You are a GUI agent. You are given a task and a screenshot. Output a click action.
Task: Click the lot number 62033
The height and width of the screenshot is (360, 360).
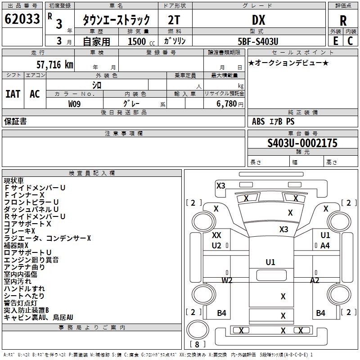click(22, 19)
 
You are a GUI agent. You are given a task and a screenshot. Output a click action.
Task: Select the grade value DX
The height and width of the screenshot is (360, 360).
click(258, 20)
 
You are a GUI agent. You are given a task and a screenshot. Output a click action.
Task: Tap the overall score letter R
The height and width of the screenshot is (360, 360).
click(343, 21)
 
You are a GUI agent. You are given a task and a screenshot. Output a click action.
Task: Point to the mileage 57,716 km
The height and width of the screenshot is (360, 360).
click(55, 65)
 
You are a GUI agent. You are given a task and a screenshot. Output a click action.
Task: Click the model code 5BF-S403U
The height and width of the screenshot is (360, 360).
click(258, 41)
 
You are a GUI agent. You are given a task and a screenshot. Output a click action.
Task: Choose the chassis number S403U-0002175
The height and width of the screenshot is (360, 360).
click(302, 143)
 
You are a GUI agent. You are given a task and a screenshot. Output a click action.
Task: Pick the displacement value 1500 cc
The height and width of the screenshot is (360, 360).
click(141, 41)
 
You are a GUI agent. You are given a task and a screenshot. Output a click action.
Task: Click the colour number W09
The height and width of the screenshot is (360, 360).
click(74, 104)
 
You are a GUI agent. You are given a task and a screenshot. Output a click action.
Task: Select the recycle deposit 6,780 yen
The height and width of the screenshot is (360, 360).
click(230, 104)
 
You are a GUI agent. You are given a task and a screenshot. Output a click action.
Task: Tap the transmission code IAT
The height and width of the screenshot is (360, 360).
click(13, 94)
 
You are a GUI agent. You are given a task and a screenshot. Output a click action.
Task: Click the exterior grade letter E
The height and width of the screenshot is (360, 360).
click(335, 41)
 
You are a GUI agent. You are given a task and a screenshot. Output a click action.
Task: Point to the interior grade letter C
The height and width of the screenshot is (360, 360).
click(350, 41)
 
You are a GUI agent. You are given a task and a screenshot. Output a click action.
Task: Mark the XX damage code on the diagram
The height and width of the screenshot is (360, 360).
click(216, 235)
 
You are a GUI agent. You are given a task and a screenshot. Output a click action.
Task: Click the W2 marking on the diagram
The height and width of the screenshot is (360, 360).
click(227, 280)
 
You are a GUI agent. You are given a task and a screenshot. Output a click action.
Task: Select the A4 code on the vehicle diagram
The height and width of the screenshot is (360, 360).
click(325, 246)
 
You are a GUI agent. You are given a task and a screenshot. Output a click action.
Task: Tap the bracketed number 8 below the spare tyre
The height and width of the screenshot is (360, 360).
click(197, 344)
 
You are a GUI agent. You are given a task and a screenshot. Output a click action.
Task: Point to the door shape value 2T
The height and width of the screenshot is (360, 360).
click(174, 20)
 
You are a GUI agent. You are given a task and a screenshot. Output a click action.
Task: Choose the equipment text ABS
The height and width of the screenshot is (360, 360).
click(258, 121)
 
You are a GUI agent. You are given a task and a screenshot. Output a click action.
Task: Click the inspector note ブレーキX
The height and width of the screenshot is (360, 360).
click(19, 231)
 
